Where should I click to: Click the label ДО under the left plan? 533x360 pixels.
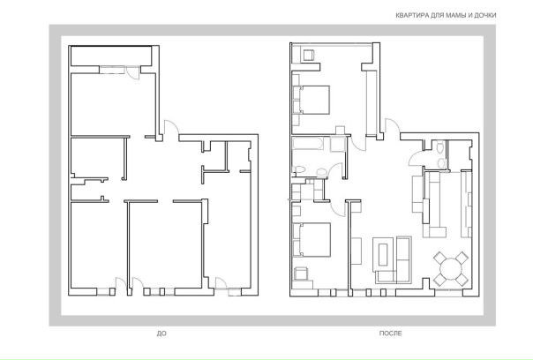point(161,334)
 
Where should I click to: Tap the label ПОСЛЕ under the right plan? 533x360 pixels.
point(390,334)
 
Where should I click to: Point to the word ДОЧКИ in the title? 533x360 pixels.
point(485,15)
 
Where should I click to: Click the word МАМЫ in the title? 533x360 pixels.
point(457,15)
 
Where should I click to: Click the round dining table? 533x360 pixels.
point(451,268)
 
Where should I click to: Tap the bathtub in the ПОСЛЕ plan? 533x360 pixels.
point(308,143)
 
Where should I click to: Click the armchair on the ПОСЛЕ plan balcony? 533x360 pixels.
point(309,55)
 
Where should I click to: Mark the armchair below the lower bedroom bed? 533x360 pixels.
point(301,274)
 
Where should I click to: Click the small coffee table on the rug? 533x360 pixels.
point(384,254)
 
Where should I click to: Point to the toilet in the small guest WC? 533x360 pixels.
point(440,148)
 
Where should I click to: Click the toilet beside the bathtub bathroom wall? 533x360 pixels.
point(300,170)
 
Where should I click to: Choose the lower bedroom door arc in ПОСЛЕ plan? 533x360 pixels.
point(338,208)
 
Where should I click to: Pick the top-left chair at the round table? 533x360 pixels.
point(439,258)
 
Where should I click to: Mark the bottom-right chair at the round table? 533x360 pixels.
point(462,280)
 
